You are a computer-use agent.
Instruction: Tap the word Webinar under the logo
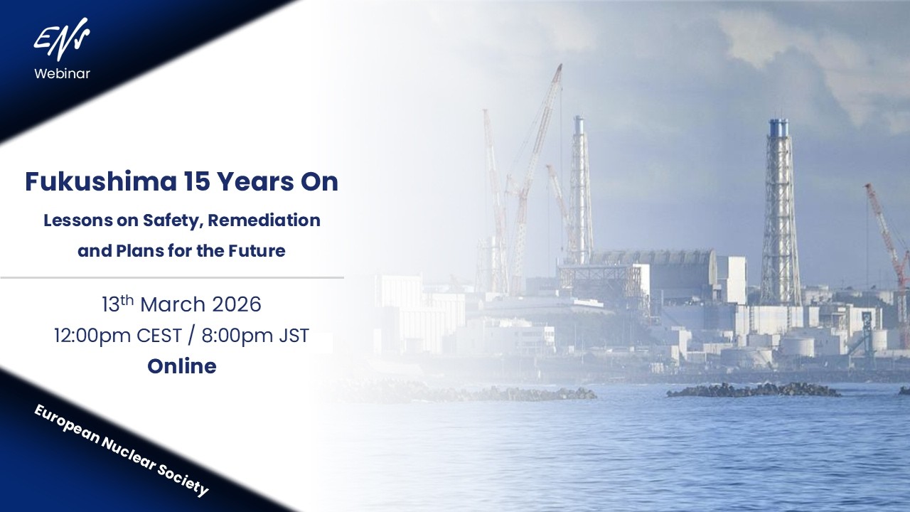tap(62, 73)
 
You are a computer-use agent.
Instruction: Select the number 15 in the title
tap(193, 182)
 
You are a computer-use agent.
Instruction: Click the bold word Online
tap(182, 366)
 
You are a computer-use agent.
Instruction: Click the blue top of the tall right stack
tap(778, 128)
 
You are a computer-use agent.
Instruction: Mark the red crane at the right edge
tap(889, 235)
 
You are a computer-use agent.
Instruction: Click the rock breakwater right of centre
tap(754, 390)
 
